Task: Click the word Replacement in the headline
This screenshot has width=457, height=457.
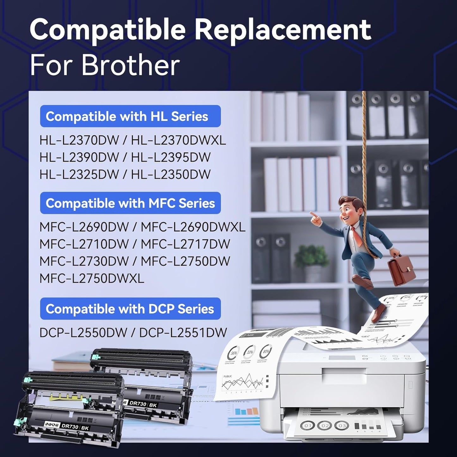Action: point(282,29)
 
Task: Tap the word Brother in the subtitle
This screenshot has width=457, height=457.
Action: point(130,65)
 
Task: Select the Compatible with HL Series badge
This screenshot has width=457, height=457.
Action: point(130,116)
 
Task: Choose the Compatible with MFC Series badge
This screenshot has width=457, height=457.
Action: point(130,203)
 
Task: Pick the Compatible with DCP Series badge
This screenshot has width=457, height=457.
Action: point(130,309)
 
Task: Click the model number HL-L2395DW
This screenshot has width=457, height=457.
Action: point(171,157)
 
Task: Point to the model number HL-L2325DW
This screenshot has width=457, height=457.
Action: point(79,175)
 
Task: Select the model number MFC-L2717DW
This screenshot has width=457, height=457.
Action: point(185,244)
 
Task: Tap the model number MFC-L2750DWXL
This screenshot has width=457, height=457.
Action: point(92,278)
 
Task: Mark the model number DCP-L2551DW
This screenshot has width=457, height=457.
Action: point(183,332)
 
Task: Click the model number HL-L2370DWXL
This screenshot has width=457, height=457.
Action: point(178,140)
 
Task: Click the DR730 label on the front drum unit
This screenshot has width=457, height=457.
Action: point(70,427)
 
